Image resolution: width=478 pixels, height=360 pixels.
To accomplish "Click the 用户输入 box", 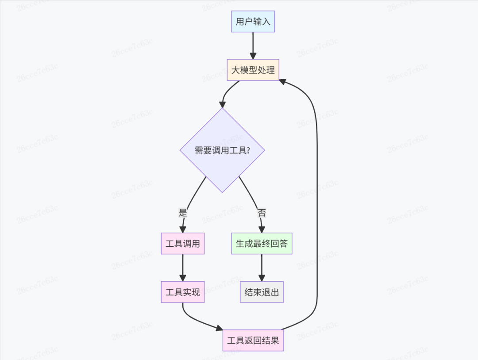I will [x=253, y=22].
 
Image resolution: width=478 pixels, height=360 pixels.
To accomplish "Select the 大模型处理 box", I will [x=253, y=70].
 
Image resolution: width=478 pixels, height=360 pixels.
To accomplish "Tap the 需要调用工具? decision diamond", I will [x=222, y=150].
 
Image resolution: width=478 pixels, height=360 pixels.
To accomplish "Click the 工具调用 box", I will [x=182, y=244].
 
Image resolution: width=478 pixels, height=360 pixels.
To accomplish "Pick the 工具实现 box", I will [x=182, y=292].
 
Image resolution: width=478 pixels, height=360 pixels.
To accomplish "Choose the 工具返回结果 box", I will [x=253, y=341].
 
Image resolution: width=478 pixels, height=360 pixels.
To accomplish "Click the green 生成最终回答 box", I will [x=262, y=244].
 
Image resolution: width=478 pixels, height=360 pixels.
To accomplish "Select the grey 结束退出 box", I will [x=262, y=292].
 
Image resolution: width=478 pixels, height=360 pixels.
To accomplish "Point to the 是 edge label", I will [x=183, y=212].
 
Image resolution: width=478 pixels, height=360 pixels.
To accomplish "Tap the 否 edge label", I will [x=262, y=212].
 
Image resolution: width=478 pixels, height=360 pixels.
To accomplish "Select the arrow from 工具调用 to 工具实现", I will [x=182, y=266].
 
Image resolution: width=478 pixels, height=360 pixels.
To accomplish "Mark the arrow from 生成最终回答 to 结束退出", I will [x=262, y=266].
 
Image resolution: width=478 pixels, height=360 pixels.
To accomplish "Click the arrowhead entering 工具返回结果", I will [x=219, y=329].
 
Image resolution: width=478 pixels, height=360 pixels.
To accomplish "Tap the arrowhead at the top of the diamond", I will [x=222, y=104].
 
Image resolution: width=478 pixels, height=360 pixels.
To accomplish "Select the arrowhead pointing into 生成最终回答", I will [x=262, y=229].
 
